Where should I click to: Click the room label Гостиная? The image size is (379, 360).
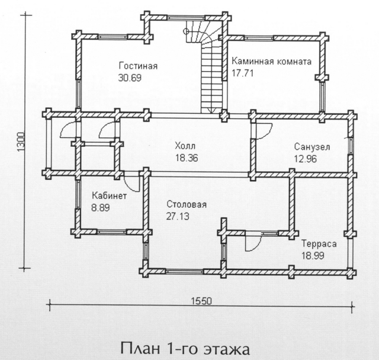coord(138,66)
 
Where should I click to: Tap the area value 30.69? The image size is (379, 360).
coord(130,78)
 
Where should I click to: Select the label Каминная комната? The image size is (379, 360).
coord(271,62)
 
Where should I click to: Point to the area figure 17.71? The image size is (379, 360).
coord(242,73)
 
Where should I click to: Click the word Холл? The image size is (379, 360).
coord(185,146)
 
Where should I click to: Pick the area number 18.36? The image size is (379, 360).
coord(187,158)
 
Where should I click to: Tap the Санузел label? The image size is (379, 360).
coord(312,147)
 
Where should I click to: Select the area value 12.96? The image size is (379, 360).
coord(306,159)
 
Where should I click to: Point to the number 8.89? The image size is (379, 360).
coord(101,208)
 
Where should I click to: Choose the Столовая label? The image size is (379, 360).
coord(187,204)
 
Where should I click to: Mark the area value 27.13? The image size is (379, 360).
coord(178,216)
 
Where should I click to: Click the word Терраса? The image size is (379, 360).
coord(319,243)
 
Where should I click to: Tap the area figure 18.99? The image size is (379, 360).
coord(313,255)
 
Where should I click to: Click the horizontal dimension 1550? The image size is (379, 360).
coord(201,301)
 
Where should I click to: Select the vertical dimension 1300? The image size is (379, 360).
coord(21,142)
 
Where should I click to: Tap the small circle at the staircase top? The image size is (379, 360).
coord(186,31)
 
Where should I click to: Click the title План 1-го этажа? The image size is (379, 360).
coord(185,349)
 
